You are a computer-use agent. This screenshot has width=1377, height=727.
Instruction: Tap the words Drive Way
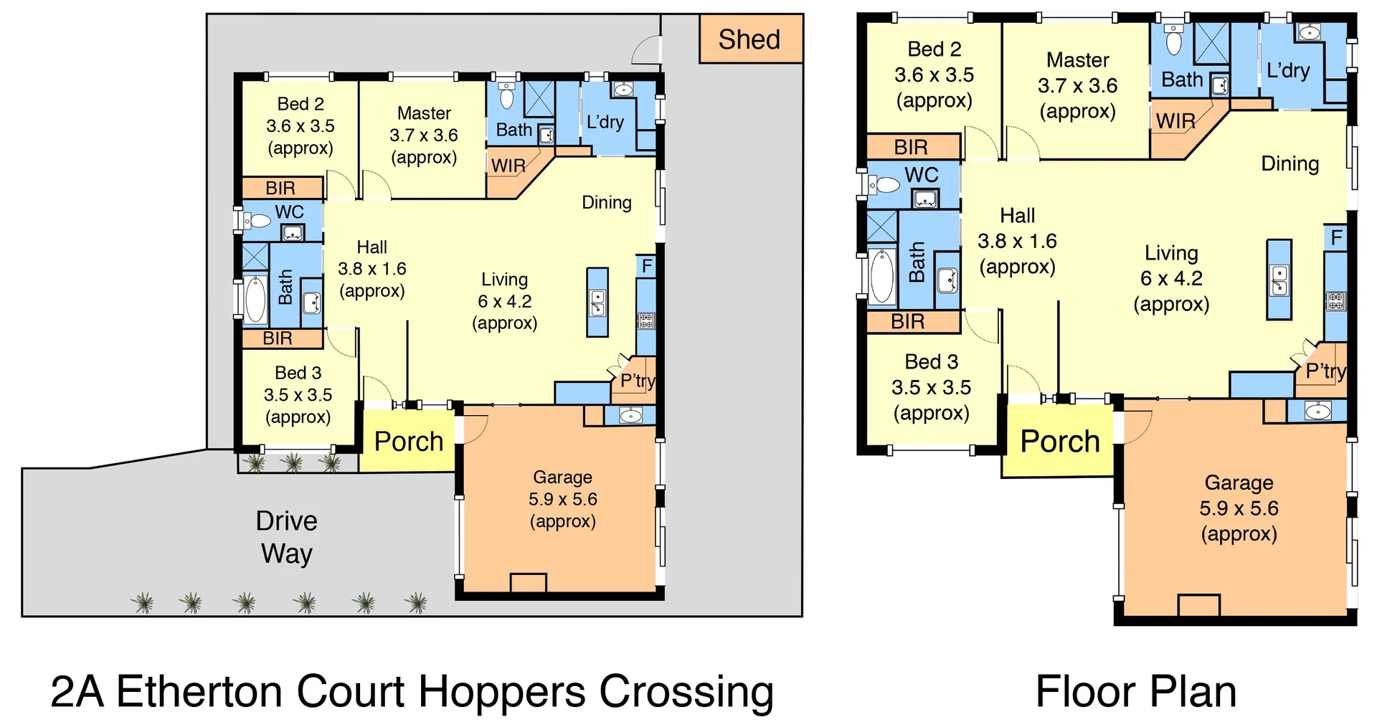coord(286,537)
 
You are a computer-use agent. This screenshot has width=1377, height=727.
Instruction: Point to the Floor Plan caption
coord(1136,692)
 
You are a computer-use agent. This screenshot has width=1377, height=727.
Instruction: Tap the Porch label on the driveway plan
coord(409,442)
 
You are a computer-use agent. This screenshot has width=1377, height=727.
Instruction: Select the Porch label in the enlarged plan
coord(1060,442)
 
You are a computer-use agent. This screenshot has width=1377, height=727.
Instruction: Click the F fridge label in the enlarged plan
coord(1336,238)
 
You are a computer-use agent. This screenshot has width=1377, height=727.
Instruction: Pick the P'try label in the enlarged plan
coord(1325,371)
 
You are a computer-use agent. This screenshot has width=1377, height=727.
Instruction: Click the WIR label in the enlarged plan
coord(1175,121)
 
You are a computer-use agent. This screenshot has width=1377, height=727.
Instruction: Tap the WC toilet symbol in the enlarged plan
coord(884,185)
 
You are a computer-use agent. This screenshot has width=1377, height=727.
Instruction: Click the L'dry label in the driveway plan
coord(605,122)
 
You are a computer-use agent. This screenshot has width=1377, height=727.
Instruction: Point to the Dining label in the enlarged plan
coord(1290,163)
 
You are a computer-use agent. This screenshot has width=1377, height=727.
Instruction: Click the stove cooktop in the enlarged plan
coord(1335,301)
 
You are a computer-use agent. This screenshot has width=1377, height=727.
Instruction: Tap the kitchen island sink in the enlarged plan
coord(1279,280)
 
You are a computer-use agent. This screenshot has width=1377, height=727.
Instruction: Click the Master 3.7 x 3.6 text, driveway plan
coord(424,136)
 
